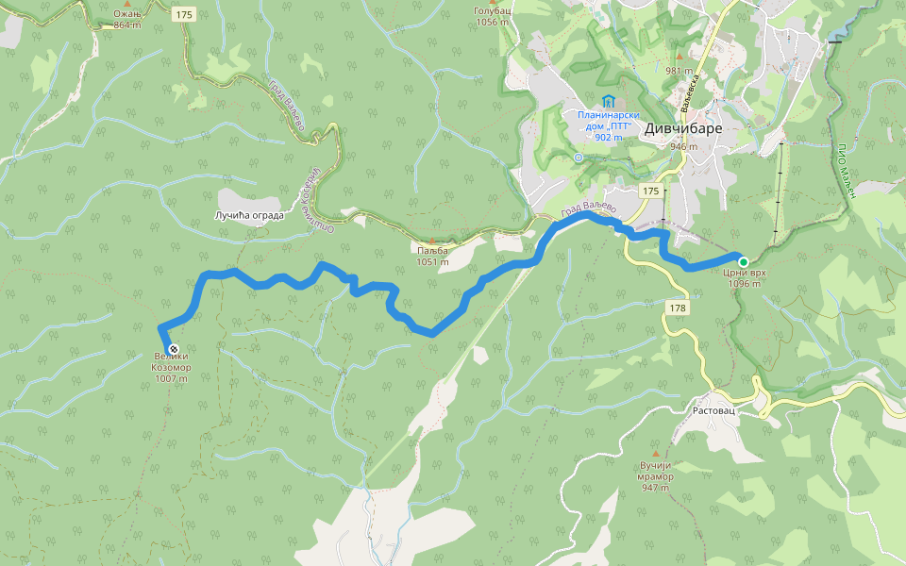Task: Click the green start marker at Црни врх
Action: click(x=744, y=262)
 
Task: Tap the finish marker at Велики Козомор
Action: click(x=173, y=349)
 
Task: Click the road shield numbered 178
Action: click(x=678, y=308)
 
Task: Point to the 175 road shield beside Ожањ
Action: click(x=184, y=14)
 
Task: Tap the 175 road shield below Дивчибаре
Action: click(x=650, y=191)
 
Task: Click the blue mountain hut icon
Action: click(x=609, y=101)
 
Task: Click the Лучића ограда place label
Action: click(x=249, y=216)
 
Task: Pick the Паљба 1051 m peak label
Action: click(x=433, y=256)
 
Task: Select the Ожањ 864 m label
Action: click(x=126, y=19)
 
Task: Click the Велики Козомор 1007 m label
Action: click(x=172, y=368)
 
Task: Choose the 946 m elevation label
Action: click(x=682, y=147)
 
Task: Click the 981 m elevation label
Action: click(x=679, y=71)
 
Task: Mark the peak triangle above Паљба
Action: click(x=432, y=241)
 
